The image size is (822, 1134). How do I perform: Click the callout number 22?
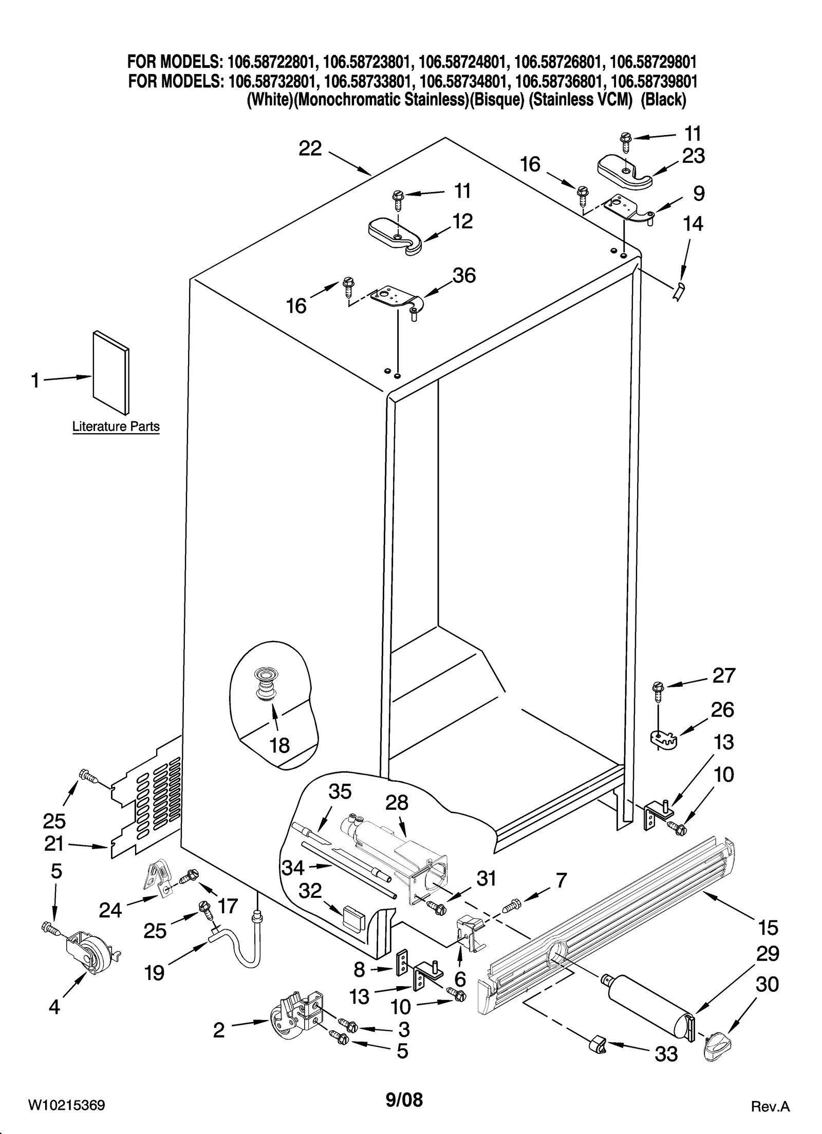tap(310, 149)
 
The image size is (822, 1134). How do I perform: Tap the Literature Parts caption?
tap(116, 426)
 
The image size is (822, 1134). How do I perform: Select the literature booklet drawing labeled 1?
tap(111, 372)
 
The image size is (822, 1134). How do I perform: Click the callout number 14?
tap(693, 224)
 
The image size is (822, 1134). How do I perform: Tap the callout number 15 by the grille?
tap(768, 928)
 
